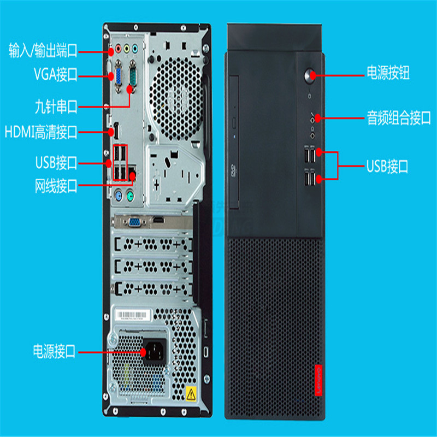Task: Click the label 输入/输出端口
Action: click(x=43, y=50)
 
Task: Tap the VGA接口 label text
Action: click(x=56, y=74)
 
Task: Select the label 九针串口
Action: click(x=56, y=107)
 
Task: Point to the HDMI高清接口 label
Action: click(x=41, y=132)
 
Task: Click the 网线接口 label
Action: click(x=56, y=186)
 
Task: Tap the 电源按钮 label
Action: click(x=388, y=73)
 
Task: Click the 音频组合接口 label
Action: click(x=399, y=117)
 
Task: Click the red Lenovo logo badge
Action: click(x=318, y=380)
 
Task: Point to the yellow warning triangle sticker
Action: click(x=191, y=394)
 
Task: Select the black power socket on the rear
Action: click(x=154, y=351)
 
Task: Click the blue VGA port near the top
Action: click(x=119, y=76)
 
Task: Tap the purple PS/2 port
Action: click(x=119, y=196)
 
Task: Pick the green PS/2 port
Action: click(x=130, y=196)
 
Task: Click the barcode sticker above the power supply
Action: click(x=133, y=315)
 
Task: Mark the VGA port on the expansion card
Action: click(x=135, y=222)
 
